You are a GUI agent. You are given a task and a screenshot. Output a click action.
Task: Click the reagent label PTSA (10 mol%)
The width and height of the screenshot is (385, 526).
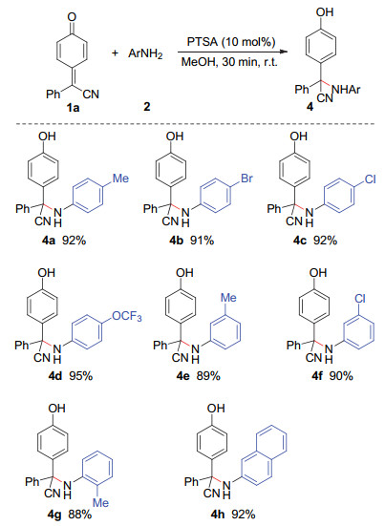pos(231,42)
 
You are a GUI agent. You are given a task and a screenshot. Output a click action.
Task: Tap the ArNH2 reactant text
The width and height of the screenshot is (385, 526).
pos(145,53)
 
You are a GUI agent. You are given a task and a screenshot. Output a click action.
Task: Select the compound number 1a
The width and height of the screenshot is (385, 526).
pos(73,108)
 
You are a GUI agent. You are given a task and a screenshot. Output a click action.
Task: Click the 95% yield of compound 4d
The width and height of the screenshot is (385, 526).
pos(81,376)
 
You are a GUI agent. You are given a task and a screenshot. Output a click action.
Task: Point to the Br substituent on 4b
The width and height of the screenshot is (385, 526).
pos(246,179)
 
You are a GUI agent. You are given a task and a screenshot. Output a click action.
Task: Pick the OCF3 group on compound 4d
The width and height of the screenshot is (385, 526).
pos(127,316)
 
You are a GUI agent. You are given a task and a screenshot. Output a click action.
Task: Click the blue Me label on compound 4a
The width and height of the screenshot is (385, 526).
pos(120,179)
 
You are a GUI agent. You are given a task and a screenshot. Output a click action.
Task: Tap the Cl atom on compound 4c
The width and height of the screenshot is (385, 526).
pos(371,179)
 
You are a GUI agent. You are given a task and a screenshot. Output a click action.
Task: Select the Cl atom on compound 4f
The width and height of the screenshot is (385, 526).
pos(360,298)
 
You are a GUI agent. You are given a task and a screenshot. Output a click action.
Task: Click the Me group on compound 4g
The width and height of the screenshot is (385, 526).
pos(100,502)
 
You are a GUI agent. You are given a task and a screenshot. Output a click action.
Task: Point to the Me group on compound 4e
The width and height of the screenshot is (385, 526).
pos(228,298)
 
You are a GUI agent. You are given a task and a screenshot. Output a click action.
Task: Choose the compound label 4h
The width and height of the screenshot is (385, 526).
pos(220,515)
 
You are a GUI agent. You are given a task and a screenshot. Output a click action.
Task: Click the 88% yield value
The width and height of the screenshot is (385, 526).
pos(80,515)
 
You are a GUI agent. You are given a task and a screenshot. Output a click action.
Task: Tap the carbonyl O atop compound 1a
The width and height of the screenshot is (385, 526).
pos(72,17)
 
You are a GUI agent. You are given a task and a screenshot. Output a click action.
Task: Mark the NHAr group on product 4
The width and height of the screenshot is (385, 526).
pos(346,90)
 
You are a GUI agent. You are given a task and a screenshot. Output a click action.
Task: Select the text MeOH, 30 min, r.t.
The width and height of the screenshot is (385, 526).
pos(229,62)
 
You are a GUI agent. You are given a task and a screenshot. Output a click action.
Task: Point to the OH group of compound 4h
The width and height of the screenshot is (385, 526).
pos(216,408)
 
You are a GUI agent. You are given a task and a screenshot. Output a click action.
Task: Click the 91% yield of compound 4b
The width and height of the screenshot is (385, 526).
pos(203,240)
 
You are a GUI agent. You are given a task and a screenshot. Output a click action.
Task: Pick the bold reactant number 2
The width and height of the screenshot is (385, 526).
pos(147,107)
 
